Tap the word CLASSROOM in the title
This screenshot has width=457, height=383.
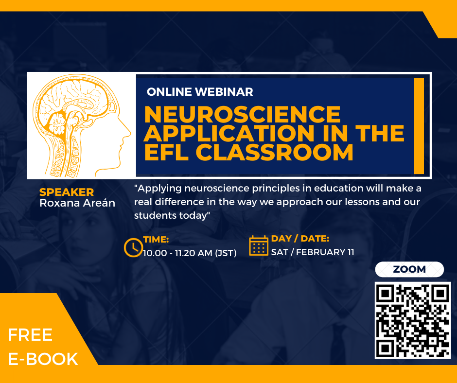click(x=275, y=152)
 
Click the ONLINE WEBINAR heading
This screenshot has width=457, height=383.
click(x=200, y=92)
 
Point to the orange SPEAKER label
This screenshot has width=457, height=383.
click(x=67, y=192)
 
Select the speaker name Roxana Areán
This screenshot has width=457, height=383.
click(x=77, y=203)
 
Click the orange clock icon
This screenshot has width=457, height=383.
click(x=133, y=248)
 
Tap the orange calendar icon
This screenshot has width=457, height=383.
click(x=259, y=246)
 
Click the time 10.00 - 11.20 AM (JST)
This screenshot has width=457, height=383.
click(x=190, y=253)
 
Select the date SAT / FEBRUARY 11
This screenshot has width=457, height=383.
click(x=313, y=252)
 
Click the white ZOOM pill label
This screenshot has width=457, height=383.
click(x=409, y=269)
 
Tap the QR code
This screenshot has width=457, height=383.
click(x=413, y=320)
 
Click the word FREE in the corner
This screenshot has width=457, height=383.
click(x=30, y=335)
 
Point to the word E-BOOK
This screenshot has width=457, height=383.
click(x=43, y=359)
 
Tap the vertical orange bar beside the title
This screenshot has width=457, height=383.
click(x=419, y=126)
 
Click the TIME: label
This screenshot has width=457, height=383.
click(x=156, y=240)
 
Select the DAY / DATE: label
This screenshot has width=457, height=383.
click(x=300, y=239)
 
